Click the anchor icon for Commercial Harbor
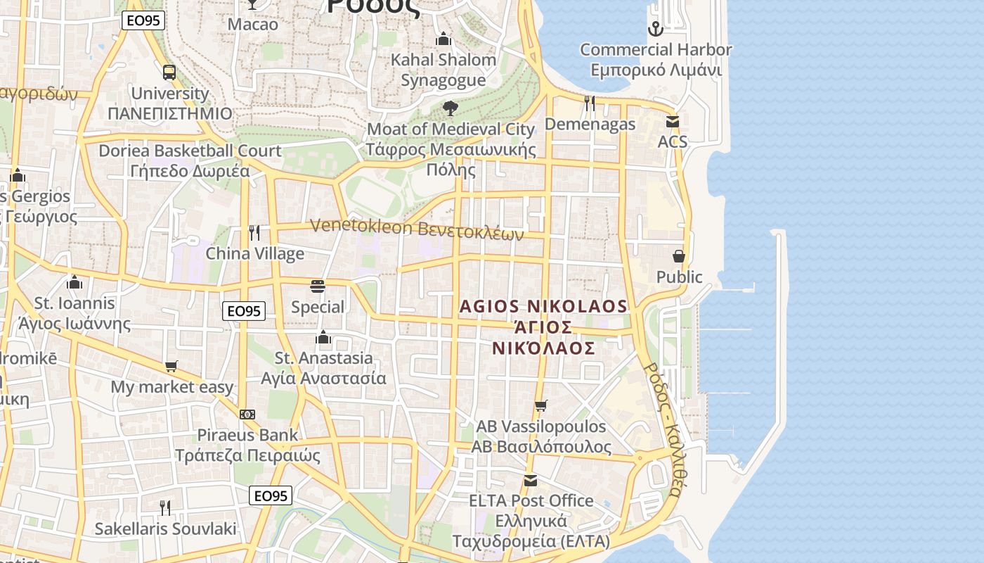(655, 29)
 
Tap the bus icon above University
(169, 72)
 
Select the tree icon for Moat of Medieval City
(451, 108)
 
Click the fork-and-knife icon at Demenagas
(590, 103)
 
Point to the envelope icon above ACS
(673, 122)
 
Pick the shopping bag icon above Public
(679, 256)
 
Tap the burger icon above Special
(318, 286)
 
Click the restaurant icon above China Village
(254, 233)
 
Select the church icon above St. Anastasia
(323, 337)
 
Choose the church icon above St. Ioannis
(75, 282)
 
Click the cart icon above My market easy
(171, 366)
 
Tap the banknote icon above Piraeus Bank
(247, 415)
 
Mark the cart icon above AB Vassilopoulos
(540, 405)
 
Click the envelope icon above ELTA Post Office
(531, 481)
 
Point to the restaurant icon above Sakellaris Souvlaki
(165, 507)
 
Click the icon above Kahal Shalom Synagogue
(444, 39)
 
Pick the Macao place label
(253, 24)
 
